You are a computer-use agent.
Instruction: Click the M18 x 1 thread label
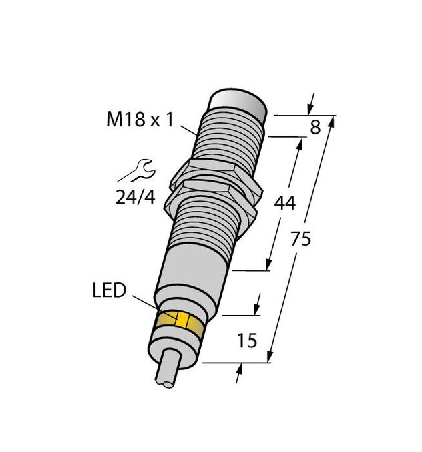(x=140, y=120)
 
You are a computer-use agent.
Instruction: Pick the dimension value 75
(x=301, y=239)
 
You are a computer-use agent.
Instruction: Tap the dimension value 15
(x=248, y=341)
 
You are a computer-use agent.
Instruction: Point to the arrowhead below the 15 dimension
(x=239, y=374)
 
